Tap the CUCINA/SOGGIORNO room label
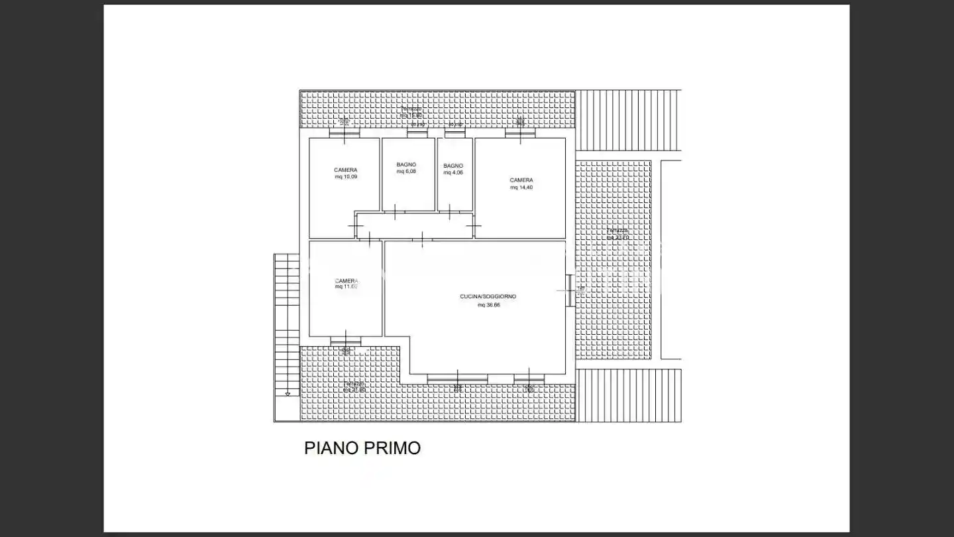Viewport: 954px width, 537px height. pos(488,296)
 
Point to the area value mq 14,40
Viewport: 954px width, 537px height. pos(521,188)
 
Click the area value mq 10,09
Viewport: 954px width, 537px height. pos(346,177)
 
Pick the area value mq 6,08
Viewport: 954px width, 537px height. pos(406,172)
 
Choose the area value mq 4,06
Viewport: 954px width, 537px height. pos(453,172)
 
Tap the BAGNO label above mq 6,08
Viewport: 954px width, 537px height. pos(406,164)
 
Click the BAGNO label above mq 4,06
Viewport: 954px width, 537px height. pos(453,165)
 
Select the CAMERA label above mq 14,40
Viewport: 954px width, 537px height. pos(521,180)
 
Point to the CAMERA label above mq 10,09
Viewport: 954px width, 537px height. pos(346,170)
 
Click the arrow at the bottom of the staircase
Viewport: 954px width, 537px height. pos(288,394)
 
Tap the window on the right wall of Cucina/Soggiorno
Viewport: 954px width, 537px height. pos(569,290)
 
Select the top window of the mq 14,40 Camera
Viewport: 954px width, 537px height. pos(520,133)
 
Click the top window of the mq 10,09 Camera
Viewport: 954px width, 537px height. pos(344,133)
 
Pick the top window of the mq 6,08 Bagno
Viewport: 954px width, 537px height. pos(417,134)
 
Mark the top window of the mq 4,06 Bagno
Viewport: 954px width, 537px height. pos(454,134)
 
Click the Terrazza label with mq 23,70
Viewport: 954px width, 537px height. pos(617,233)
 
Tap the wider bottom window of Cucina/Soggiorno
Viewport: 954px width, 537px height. pos(457,378)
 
